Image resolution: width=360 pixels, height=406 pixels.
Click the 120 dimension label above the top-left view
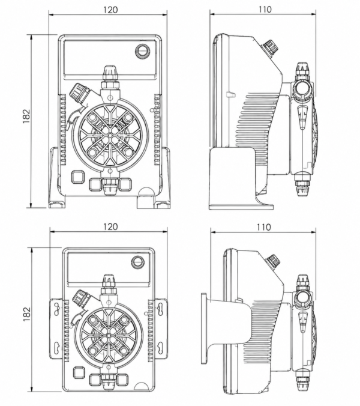[x=110, y=10]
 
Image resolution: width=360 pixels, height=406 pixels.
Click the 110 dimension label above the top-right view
[x=265, y=10]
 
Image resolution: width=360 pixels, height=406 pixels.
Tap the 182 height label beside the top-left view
[x=26, y=117]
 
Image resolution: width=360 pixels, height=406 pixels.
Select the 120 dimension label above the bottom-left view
[x=110, y=226]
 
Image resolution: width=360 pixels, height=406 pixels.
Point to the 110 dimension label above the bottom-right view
[x=264, y=227]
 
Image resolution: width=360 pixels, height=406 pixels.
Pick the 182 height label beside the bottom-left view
[x=26, y=315]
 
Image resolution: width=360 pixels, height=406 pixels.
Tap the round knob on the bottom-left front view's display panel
[x=137, y=262]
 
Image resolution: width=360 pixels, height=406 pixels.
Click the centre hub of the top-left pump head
[x=110, y=135]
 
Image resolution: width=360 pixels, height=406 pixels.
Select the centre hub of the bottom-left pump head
[x=109, y=336]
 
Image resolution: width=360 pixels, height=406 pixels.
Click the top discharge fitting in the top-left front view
[x=110, y=76]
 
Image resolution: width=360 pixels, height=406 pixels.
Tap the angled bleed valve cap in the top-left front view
[x=77, y=92]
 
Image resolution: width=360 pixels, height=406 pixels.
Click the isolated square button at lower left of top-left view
[x=77, y=177]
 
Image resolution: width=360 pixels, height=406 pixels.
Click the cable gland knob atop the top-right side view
[x=270, y=47]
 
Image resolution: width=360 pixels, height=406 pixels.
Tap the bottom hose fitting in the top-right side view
[x=302, y=184]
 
